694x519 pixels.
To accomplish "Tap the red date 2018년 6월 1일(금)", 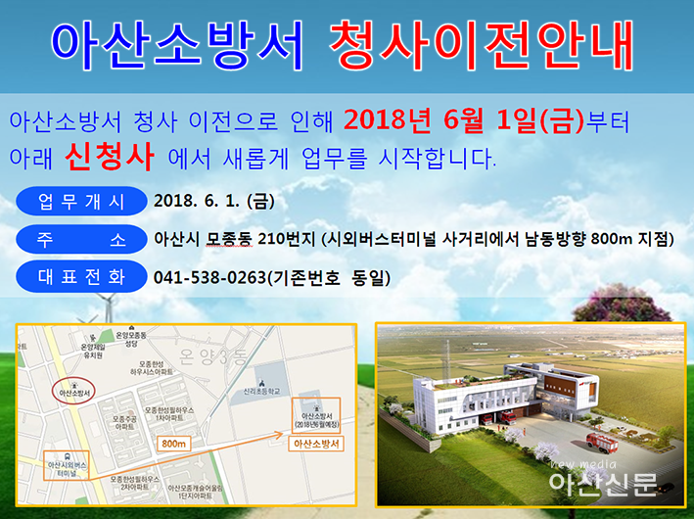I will coord(464,121).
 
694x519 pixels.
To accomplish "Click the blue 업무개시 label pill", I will coord(81,203).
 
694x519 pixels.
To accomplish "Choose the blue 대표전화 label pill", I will coord(81,277).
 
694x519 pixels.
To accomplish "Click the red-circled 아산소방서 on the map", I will coord(74,393).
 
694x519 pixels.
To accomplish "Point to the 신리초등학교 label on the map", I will coord(259,388).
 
